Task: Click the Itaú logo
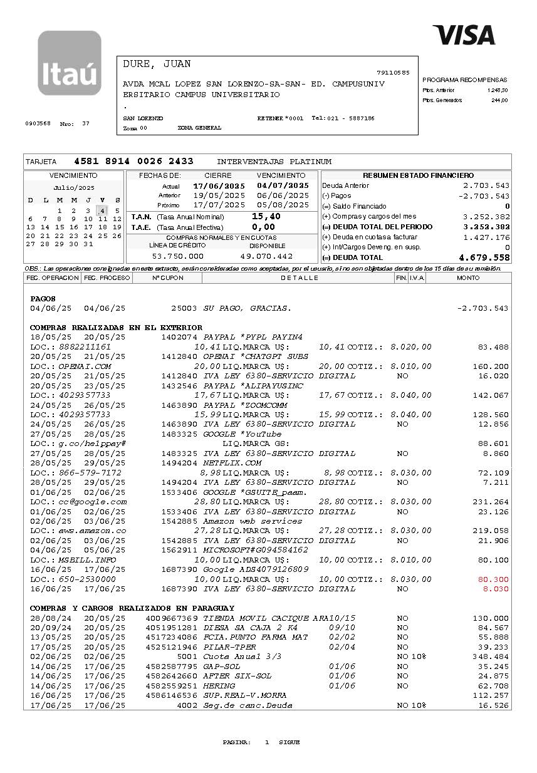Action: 69,63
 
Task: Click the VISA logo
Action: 464,35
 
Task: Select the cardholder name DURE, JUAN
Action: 157,65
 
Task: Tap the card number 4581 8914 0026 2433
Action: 133,162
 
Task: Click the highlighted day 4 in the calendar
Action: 102,210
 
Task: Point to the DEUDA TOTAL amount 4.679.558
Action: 484,257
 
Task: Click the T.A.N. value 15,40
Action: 266,216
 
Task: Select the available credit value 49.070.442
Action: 267,256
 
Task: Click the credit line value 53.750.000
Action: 177,256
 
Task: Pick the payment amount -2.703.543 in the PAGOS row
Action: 482,308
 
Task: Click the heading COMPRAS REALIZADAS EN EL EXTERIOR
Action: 116,328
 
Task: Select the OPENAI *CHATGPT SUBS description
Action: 256,356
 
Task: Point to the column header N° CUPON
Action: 167,278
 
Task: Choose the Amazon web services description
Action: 253,521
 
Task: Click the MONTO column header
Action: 468,278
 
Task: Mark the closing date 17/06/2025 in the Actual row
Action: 219,186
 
